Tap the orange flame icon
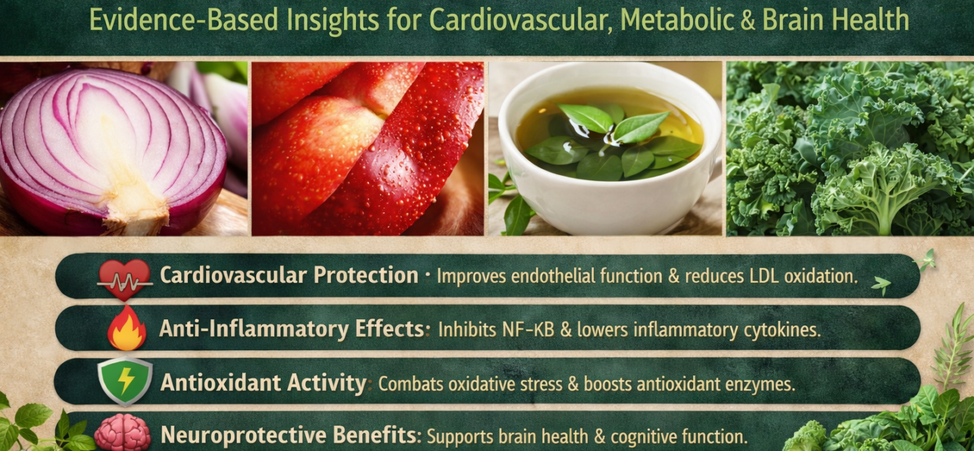click(127, 328)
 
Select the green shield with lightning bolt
click(125, 381)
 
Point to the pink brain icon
click(123, 433)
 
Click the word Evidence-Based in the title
click(184, 20)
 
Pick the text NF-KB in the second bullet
click(529, 330)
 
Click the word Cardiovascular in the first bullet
click(233, 276)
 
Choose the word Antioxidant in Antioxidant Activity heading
click(220, 383)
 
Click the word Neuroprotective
click(243, 435)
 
